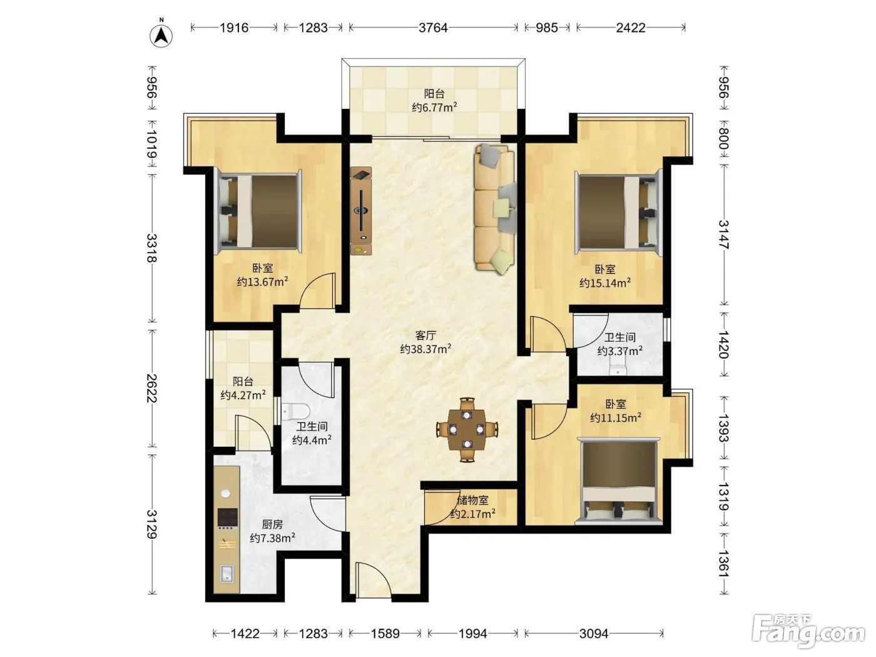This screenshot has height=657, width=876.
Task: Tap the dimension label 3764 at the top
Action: pyautogui.click(x=433, y=28)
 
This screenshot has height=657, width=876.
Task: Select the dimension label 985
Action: pyautogui.click(x=546, y=28)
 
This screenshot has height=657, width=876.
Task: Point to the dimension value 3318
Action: pyautogui.click(x=151, y=248)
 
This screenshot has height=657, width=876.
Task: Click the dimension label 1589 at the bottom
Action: pyautogui.click(x=385, y=633)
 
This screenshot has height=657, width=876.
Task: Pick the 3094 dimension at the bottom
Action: pyautogui.click(x=593, y=633)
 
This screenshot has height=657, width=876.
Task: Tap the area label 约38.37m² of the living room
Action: pyautogui.click(x=425, y=349)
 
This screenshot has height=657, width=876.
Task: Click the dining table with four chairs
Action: pyautogui.click(x=467, y=430)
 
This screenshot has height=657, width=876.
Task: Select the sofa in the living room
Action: pyautogui.click(x=494, y=209)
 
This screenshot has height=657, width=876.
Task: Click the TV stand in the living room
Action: pyautogui.click(x=361, y=211)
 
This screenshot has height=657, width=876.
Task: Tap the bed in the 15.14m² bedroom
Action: pyautogui.click(x=618, y=211)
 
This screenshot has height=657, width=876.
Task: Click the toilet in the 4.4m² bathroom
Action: pyautogui.click(x=295, y=411)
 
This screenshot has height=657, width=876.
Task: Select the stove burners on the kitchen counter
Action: pyautogui.click(x=227, y=517)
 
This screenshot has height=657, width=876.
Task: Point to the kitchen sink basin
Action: pyautogui.click(x=227, y=574)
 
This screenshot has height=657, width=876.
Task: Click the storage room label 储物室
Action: pyautogui.click(x=472, y=500)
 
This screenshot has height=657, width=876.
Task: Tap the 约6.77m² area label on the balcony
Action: pyautogui.click(x=434, y=107)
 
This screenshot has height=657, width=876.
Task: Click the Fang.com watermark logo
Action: pyautogui.click(x=808, y=634)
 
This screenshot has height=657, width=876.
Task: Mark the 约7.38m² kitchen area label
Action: pyautogui.click(x=273, y=538)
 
